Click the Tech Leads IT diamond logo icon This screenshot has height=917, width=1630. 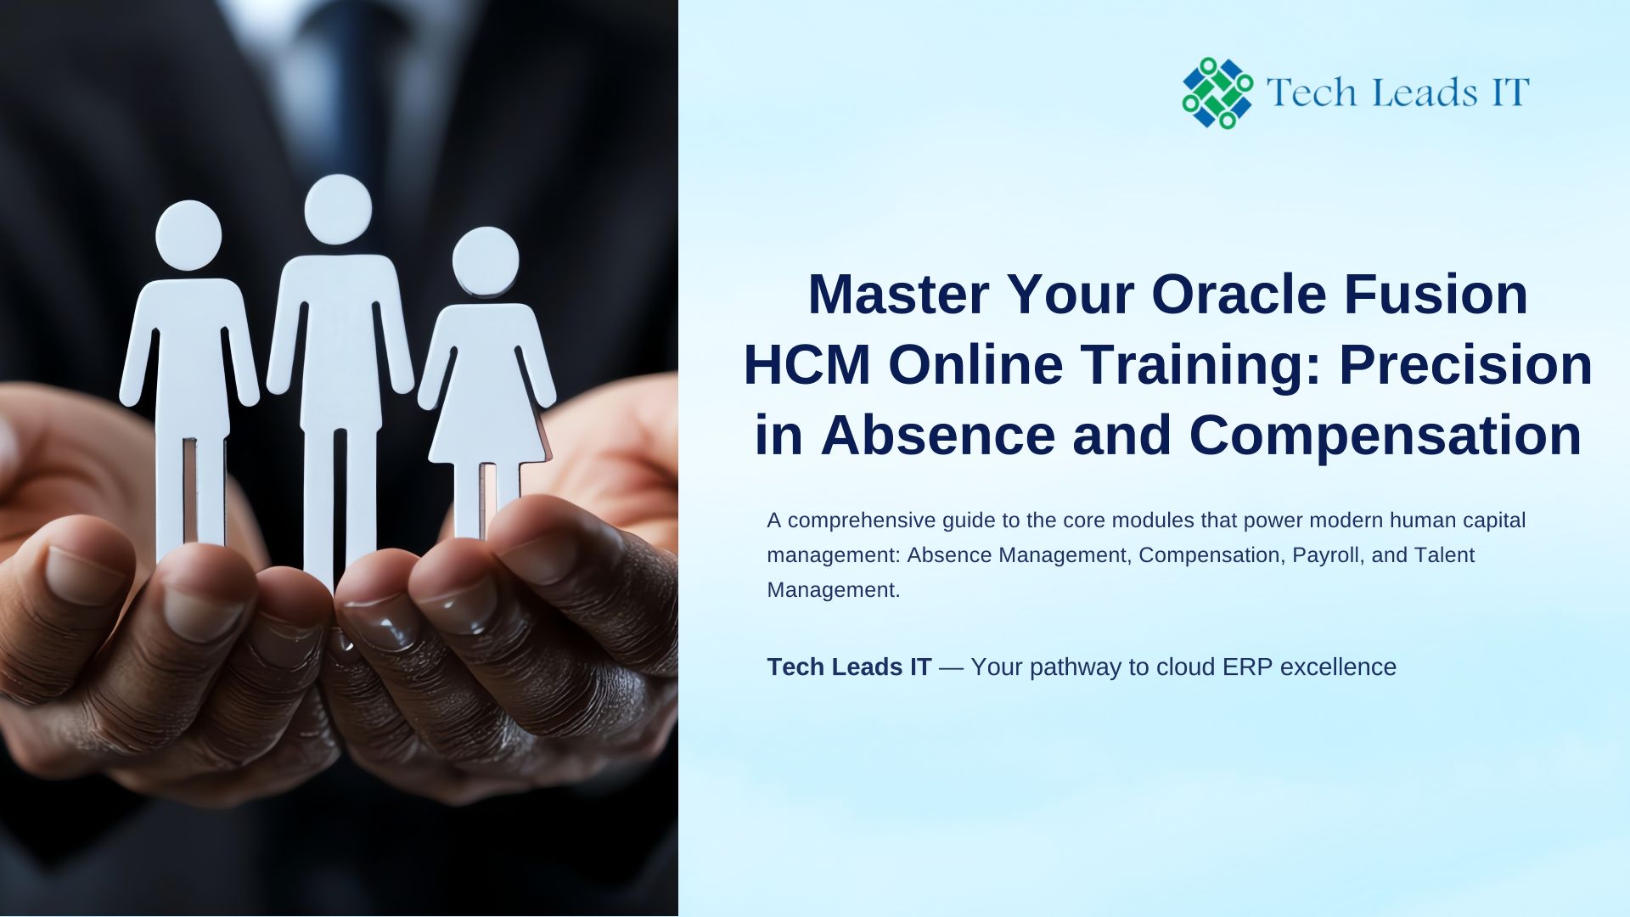pos(1217,93)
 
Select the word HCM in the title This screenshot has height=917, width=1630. pos(807,365)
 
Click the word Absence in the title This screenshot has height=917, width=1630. pos(938,436)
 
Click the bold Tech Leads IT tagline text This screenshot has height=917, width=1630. pos(849,667)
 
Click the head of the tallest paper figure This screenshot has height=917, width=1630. pos(338,209)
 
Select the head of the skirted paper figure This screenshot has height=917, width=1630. pos(486,261)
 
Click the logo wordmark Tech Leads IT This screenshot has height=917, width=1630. pos(1397,92)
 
